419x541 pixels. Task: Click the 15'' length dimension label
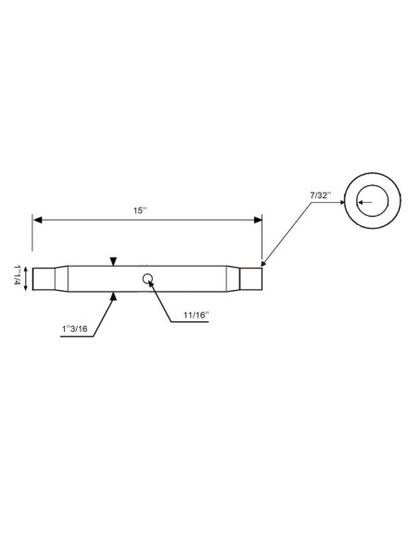point(139,211)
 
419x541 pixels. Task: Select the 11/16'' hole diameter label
point(196,316)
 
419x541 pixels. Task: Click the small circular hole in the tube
point(147,278)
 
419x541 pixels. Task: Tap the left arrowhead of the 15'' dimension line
point(38,220)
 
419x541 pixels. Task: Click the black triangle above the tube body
point(112,260)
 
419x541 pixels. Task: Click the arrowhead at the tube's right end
point(265,262)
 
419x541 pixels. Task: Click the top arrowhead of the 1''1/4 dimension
point(28,268)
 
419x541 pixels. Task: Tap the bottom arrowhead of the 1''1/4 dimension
point(28,290)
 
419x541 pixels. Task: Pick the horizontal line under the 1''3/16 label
point(74,337)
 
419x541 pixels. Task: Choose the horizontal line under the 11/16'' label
point(196,323)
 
